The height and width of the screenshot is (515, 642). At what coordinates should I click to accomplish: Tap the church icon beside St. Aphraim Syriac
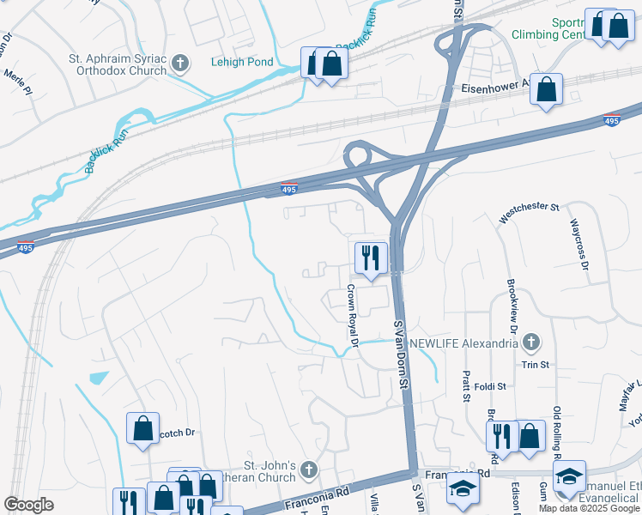point(180,63)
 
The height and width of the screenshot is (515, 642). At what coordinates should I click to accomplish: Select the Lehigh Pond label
point(242,62)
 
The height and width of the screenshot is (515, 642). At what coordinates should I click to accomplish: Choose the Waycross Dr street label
point(579,245)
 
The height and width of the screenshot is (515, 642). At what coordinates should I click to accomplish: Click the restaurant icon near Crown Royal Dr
point(371,257)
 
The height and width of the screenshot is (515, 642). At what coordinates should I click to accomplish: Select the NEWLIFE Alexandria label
point(463,343)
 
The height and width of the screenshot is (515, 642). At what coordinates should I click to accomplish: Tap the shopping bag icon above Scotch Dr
point(142,427)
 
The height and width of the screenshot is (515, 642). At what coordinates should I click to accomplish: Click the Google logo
point(28,505)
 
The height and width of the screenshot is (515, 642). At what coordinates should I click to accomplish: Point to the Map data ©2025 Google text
point(590,508)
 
